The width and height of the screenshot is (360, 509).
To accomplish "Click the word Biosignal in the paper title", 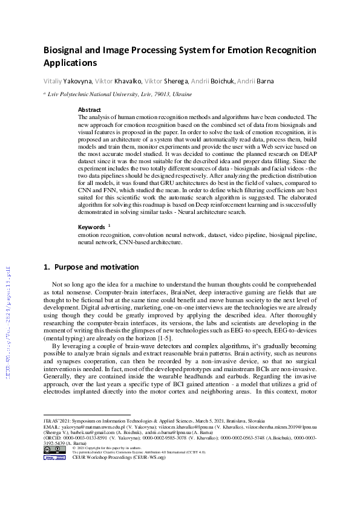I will pyautogui.click(x=65, y=50).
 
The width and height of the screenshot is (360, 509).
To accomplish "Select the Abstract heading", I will pyautogui.click(x=90, y=110).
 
